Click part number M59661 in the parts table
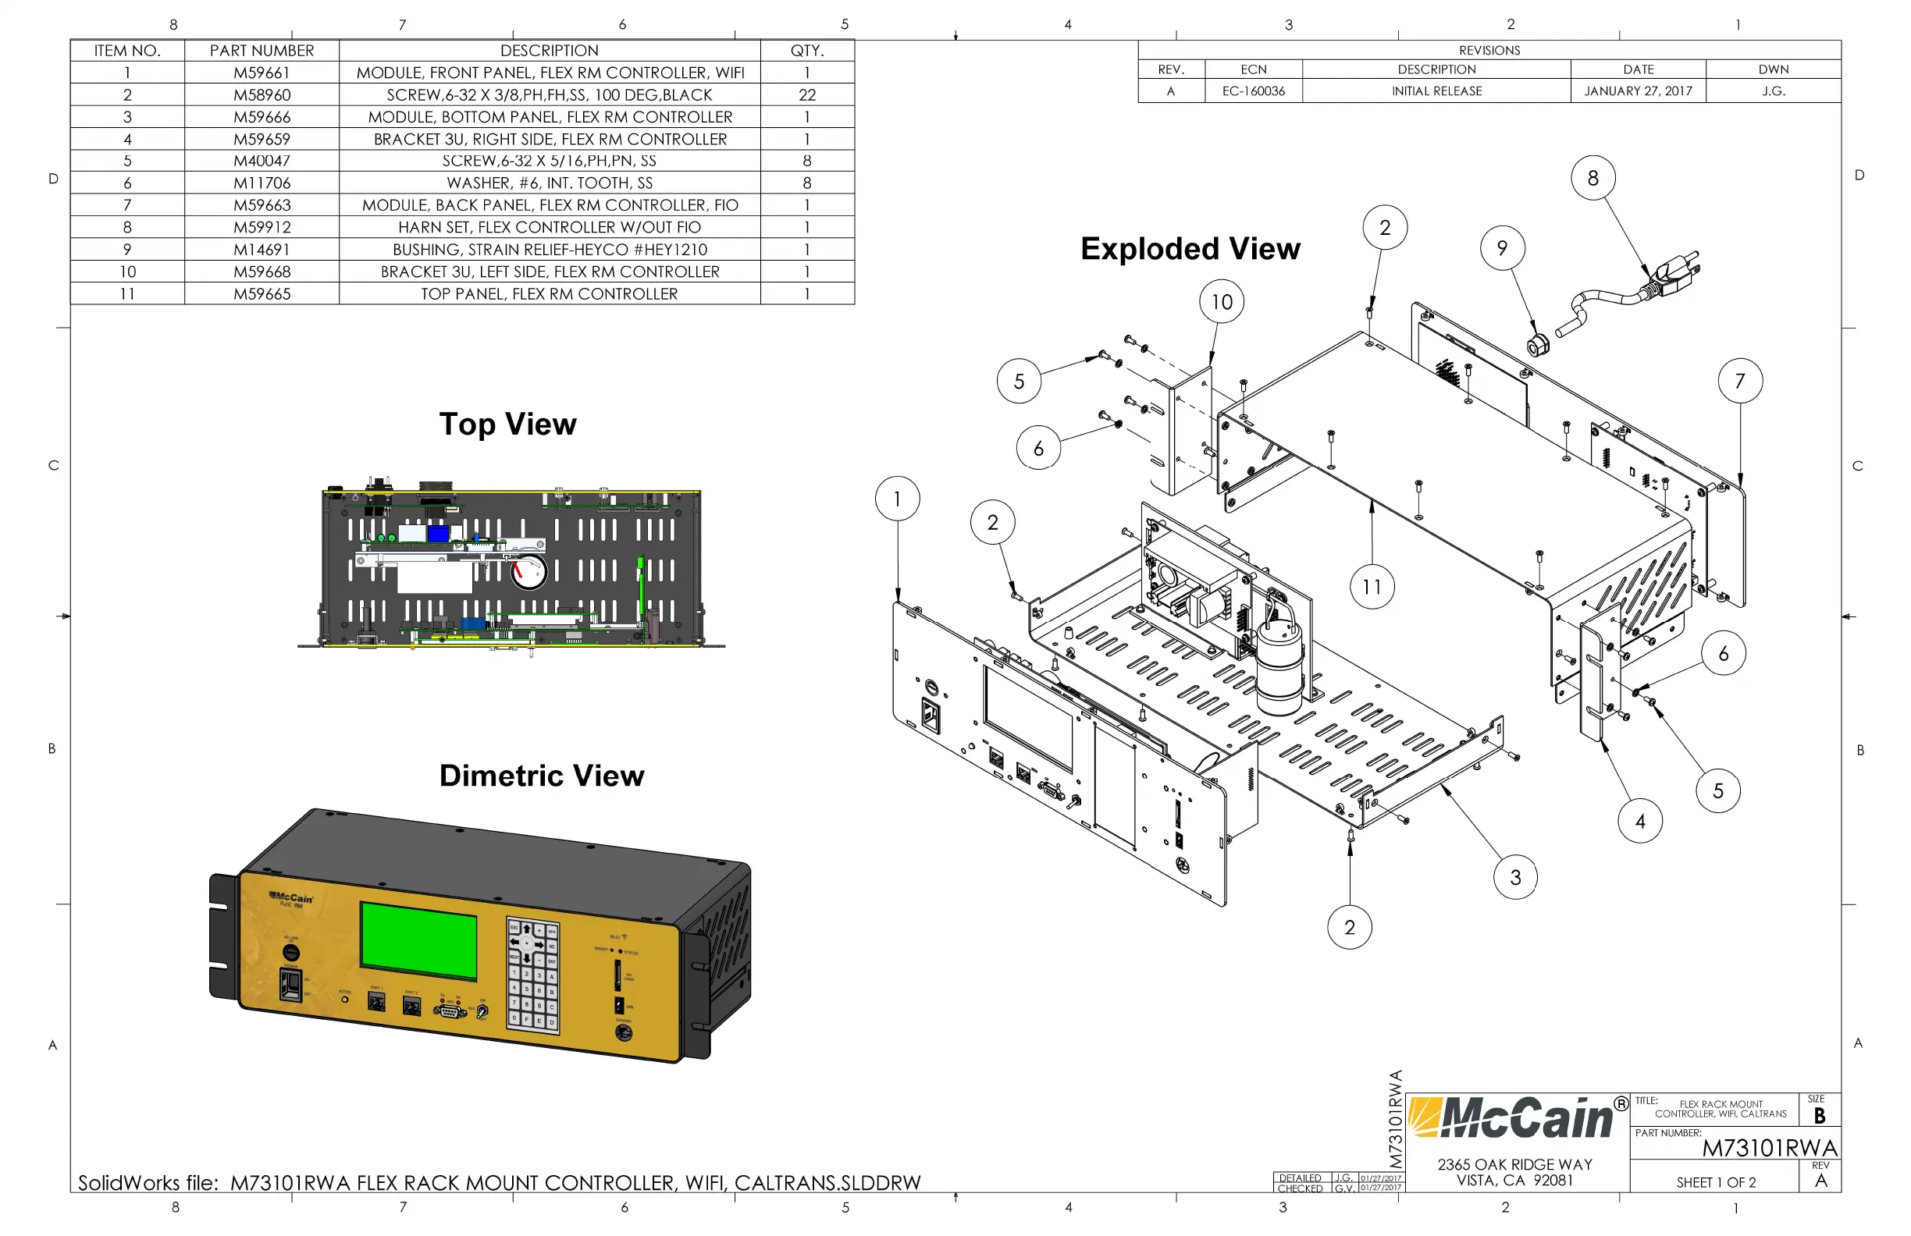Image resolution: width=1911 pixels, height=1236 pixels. (261, 73)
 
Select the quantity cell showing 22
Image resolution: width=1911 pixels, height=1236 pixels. (806, 94)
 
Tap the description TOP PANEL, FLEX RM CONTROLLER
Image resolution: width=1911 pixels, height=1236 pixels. (550, 293)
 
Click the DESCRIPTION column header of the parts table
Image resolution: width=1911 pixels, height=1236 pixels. (550, 50)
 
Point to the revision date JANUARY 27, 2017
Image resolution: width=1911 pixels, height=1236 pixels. (1637, 91)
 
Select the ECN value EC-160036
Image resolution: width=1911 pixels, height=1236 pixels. (1253, 91)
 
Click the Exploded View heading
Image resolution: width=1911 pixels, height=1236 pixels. (1189, 249)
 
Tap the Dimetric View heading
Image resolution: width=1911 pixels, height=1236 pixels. (541, 776)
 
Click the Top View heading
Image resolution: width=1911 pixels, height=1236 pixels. (507, 424)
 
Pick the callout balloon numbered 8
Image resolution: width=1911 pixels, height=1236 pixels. (1592, 178)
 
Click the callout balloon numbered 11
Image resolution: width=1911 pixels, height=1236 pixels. (1372, 587)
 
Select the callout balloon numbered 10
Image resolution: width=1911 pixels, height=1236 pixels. (1221, 302)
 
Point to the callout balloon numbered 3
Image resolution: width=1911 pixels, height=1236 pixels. (1514, 877)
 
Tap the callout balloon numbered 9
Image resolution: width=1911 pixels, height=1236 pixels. (1501, 248)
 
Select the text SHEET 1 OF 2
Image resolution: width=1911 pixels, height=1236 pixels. (1715, 1182)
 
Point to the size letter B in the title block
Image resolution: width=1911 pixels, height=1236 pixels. (1819, 1116)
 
